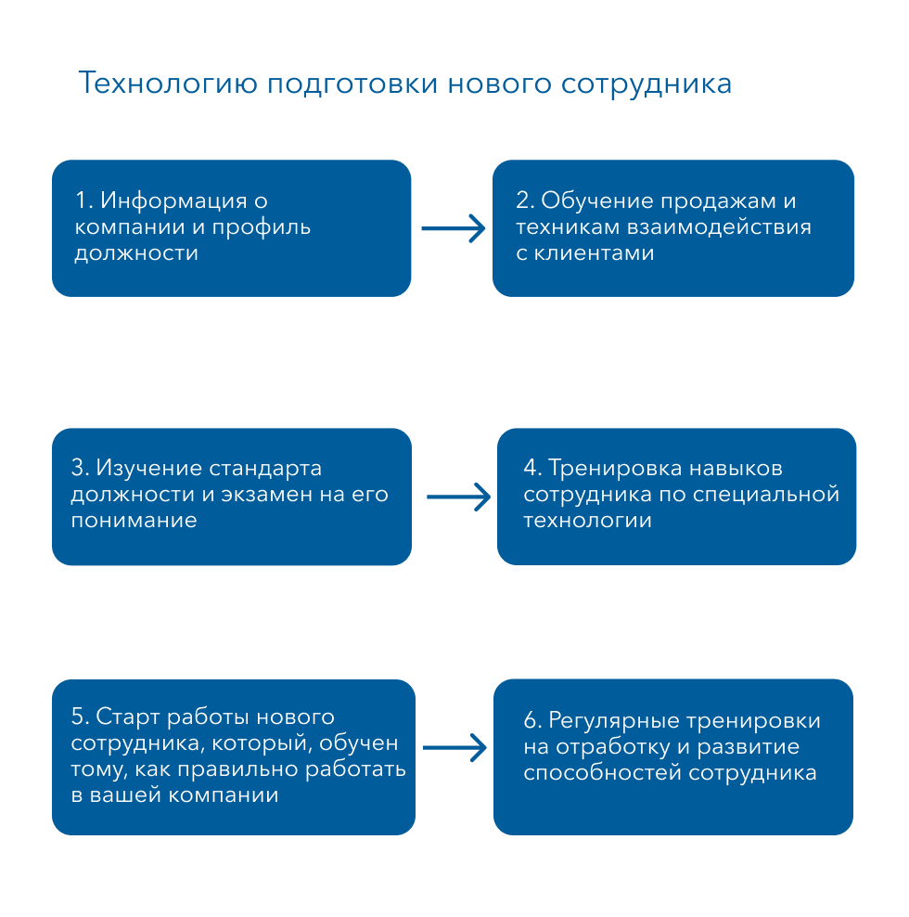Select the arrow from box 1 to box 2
454,227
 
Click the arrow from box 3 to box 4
458,497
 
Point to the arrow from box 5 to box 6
454,746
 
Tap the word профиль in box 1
262,226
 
